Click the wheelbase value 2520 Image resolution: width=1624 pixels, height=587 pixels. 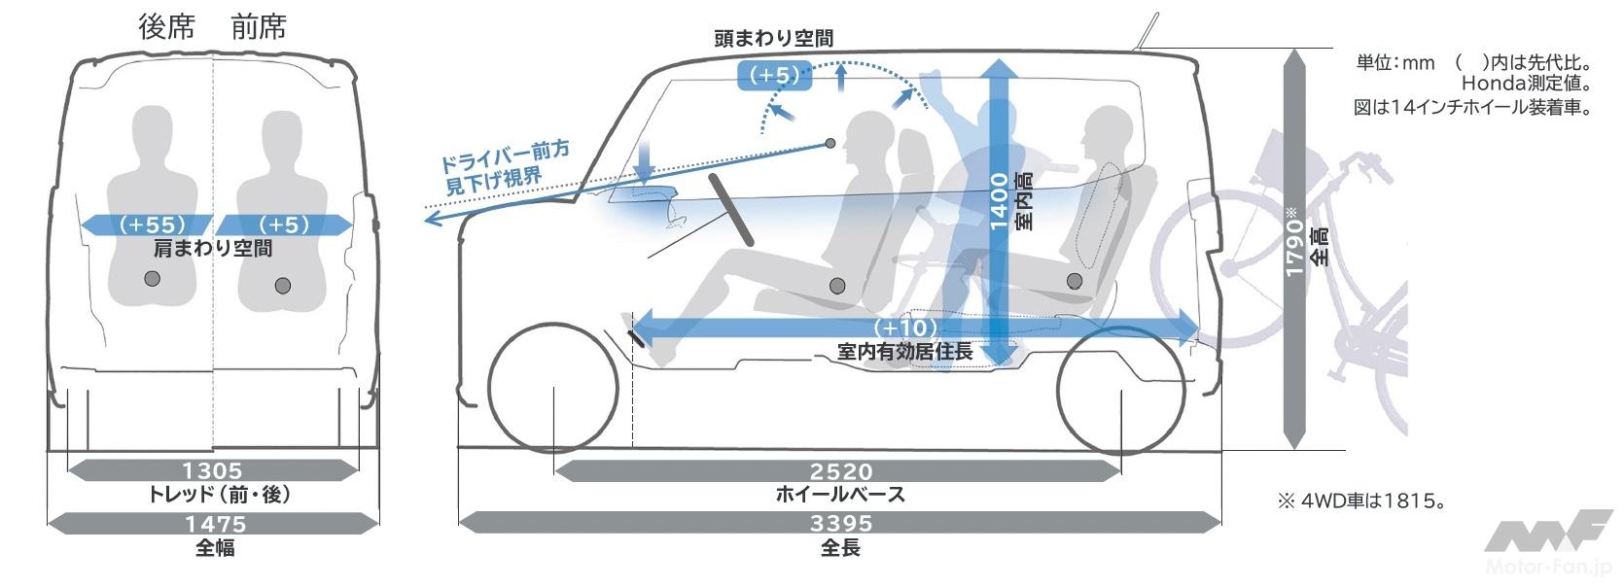[x=840, y=472]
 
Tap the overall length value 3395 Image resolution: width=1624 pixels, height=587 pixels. [x=840, y=524]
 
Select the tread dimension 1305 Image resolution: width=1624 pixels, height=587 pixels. [x=212, y=471]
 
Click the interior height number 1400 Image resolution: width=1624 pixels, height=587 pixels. [x=999, y=201]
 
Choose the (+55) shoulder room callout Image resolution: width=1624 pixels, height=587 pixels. [x=151, y=225]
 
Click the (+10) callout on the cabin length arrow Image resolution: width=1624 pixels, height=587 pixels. [x=905, y=328]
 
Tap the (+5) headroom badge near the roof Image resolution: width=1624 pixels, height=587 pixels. [x=775, y=75]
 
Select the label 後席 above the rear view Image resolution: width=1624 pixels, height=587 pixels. [x=166, y=27]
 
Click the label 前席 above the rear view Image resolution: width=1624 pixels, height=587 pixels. [x=259, y=27]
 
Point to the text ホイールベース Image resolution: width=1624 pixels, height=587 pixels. [x=840, y=495]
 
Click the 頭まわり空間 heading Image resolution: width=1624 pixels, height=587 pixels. [x=773, y=39]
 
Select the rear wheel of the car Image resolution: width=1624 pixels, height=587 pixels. [x=1121, y=393]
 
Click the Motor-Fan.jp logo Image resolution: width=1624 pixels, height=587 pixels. [x=1547, y=543]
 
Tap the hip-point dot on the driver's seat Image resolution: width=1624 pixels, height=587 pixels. [x=836, y=285]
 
